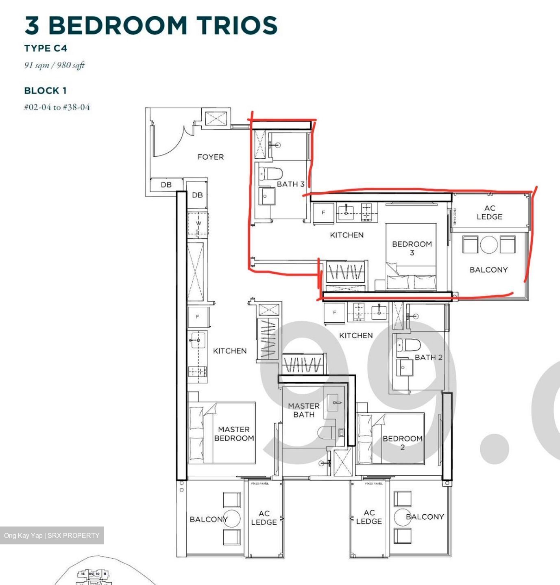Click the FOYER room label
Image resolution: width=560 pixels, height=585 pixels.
click(210, 157)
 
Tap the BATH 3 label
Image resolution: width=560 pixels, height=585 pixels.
click(290, 184)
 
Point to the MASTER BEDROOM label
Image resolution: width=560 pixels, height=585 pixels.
click(234, 433)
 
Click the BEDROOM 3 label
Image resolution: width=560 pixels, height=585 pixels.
click(412, 248)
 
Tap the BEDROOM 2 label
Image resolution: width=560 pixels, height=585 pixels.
click(402, 443)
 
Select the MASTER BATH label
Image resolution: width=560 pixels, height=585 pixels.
click(304, 410)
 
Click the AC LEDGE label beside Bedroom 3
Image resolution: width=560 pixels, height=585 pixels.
click(489, 212)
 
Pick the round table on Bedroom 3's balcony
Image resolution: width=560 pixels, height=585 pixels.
click(489, 245)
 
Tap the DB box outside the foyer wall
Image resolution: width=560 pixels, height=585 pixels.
click(166, 185)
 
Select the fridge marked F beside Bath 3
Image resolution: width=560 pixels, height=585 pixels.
click(324, 212)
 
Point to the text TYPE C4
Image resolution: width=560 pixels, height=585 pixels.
click(46, 48)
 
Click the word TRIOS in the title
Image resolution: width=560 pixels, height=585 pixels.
click(237, 25)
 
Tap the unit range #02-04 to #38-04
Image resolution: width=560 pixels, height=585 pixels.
click(57, 107)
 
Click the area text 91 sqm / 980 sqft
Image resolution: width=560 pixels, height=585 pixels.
click(54, 65)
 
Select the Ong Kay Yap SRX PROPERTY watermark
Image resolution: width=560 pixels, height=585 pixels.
click(52, 535)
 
